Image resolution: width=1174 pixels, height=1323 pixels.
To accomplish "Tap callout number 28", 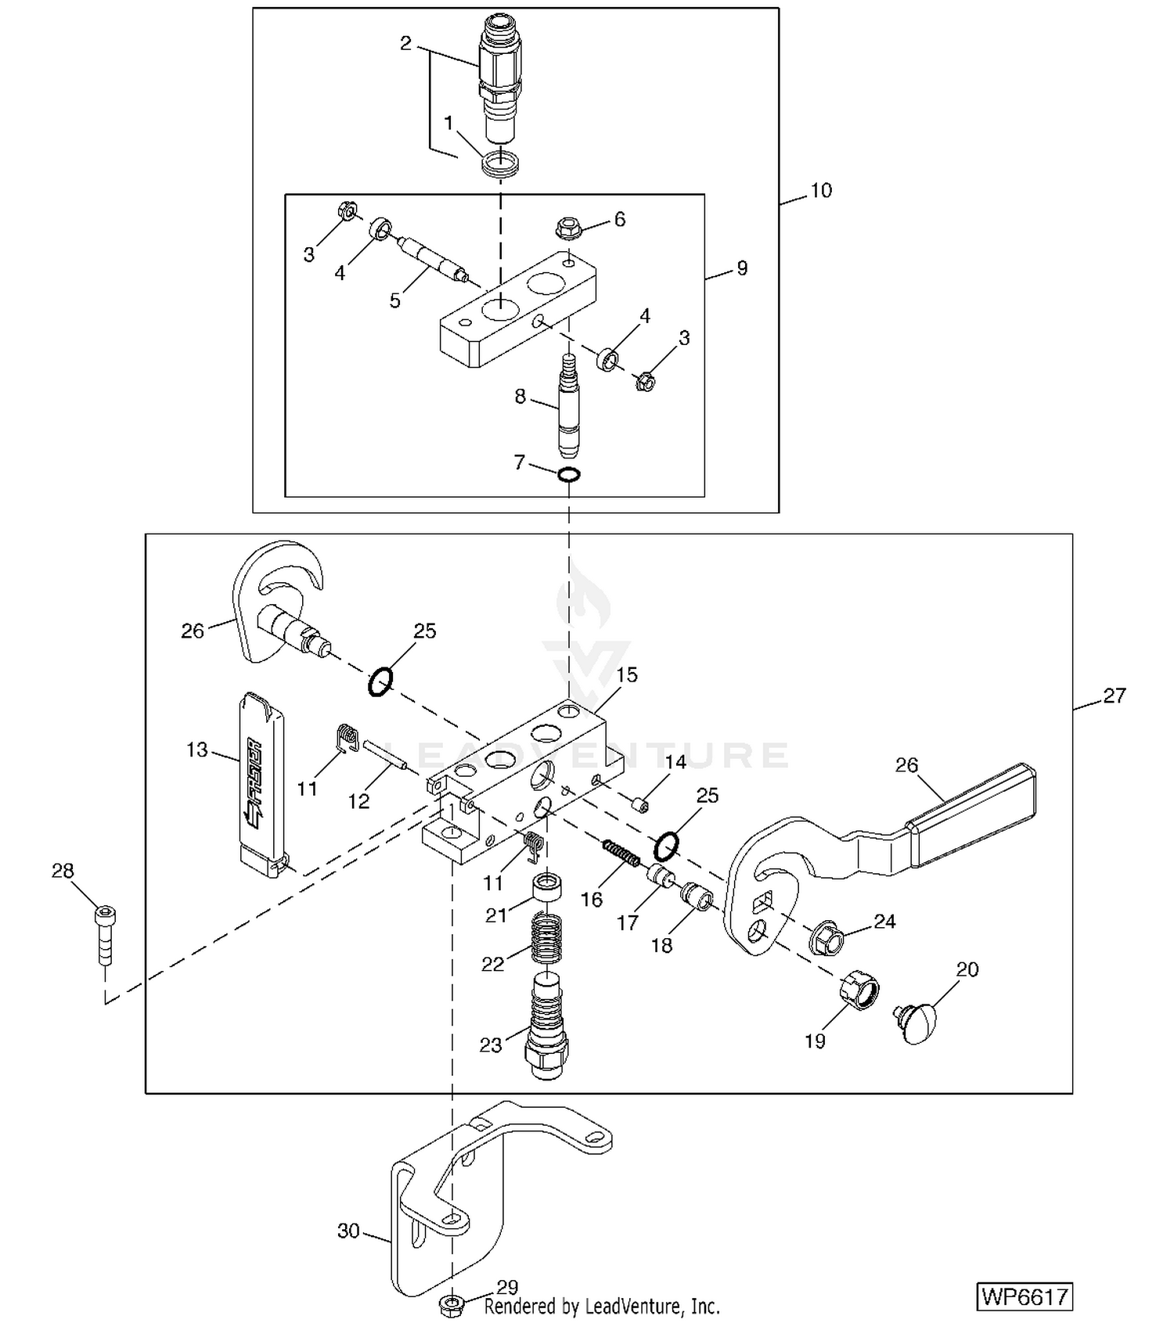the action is [63, 870].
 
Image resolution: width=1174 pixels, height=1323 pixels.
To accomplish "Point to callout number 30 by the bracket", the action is [348, 1231].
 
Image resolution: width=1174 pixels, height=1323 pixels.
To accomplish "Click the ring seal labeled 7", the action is [569, 474].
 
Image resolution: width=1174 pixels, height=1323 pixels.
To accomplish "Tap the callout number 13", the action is [196, 750].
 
